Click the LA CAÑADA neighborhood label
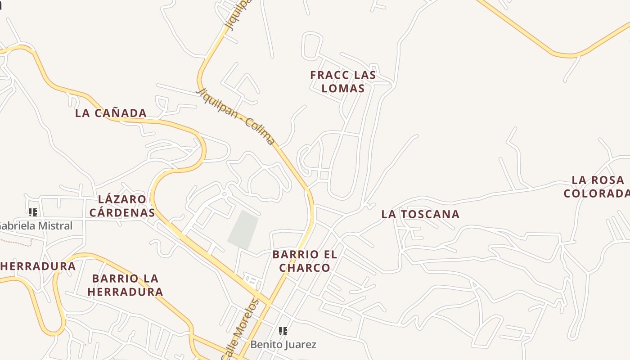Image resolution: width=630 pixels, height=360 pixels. click(x=111, y=113)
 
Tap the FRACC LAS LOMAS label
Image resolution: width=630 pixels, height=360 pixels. click(x=343, y=81)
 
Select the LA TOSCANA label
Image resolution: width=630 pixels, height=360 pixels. click(x=420, y=214)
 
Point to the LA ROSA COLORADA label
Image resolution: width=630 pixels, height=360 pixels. click(x=597, y=187)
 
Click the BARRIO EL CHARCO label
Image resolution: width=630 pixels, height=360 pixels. click(x=305, y=261)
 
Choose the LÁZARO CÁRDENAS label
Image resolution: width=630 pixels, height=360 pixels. click(x=122, y=206)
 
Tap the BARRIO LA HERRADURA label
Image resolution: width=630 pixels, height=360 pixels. click(x=125, y=285)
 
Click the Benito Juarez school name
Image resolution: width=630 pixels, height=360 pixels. click(x=283, y=345)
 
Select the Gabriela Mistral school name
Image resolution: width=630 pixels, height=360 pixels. click(x=36, y=225)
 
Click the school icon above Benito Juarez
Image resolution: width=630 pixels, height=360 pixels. click(x=283, y=331)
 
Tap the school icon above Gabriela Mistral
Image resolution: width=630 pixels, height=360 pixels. click(x=32, y=212)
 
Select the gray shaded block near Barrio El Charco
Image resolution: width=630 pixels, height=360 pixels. click(x=243, y=229)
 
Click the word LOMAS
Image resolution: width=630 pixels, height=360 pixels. click(x=343, y=88)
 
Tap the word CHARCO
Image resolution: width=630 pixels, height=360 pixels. click(x=305, y=268)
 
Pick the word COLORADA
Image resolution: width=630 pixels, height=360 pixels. click(x=597, y=193)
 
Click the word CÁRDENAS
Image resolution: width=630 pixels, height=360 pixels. click(x=122, y=212)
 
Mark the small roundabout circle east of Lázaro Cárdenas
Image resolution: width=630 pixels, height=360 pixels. click(x=225, y=194)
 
